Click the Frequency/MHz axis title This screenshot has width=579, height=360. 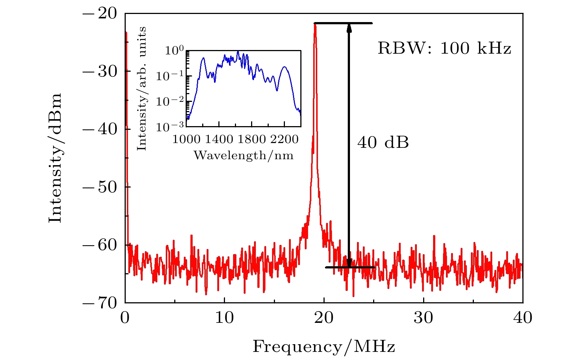pos(324,347)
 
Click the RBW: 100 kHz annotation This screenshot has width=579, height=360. pos(444,48)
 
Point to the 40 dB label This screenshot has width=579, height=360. pos(383,143)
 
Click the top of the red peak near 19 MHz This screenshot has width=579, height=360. pos(315,24)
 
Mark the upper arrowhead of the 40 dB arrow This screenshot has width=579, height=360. pos(349,27)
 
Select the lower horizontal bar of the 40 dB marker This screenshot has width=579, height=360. pos(350,267)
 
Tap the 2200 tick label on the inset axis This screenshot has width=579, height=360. pos(285,139)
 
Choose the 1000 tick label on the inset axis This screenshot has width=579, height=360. pos(186,139)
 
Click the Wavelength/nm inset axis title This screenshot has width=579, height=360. pos(243,156)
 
